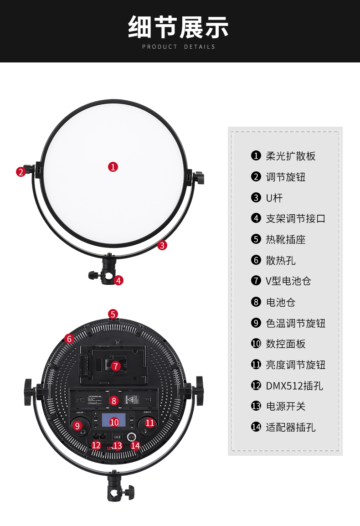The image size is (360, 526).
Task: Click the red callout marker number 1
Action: (x=113, y=167)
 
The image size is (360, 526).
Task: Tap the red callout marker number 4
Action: (x=118, y=280)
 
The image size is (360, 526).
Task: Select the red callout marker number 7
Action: (x=116, y=366)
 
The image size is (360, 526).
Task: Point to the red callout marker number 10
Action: (x=114, y=422)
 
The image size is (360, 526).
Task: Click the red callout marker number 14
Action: (x=135, y=445)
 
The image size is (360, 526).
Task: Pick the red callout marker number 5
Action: (x=113, y=314)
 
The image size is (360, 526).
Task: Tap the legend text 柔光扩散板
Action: (x=290, y=156)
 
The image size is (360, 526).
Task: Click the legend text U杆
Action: (x=274, y=198)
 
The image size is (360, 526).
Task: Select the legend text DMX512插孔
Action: (x=294, y=386)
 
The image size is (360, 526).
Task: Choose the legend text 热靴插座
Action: (x=285, y=239)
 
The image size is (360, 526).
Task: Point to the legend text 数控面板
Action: (x=285, y=344)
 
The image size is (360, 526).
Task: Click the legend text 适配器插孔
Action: (x=290, y=427)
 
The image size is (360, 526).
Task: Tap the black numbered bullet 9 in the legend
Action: (x=256, y=323)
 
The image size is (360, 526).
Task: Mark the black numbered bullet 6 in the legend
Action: (x=256, y=260)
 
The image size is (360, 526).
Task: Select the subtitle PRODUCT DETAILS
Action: (x=179, y=47)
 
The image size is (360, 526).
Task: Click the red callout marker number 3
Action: (x=162, y=245)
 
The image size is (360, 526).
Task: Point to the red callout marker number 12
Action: (x=96, y=445)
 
